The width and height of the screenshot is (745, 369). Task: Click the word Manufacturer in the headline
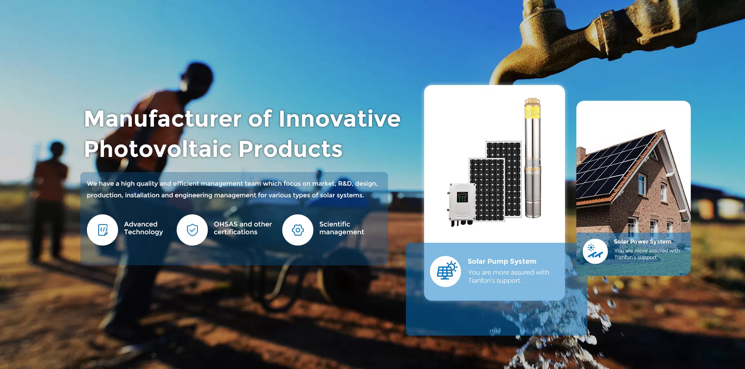pyautogui.click(x=163, y=118)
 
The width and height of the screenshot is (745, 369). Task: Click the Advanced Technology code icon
pyautogui.click(x=102, y=230)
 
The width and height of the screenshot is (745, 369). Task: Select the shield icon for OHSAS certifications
pyautogui.click(x=192, y=230)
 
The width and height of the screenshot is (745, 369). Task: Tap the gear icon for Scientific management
pyautogui.click(x=298, y=230)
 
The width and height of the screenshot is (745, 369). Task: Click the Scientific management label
pyautogui.click(x=341, y=228)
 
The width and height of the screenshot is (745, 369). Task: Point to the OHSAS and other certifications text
pyautogui.click(x=243, y=228)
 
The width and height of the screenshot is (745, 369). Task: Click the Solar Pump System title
pyautogui.click(x=502, y=261)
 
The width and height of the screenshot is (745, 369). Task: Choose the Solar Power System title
pyautogui.click(x=642, y=242)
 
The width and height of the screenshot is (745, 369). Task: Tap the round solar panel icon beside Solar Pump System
pyautogui.click(x=445, y=272)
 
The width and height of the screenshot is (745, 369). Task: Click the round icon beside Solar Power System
pyautogui.click(x=595, y=251)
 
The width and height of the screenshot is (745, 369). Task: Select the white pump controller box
pyautogui.click(x=462, y=202)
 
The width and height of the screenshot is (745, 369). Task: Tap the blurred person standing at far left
pyautogui.click(x=50, y=198)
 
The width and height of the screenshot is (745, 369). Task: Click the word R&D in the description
pyautogui.click(x=345, y=183)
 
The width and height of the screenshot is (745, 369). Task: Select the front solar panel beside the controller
pyautogui.click(x=487, y=190)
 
